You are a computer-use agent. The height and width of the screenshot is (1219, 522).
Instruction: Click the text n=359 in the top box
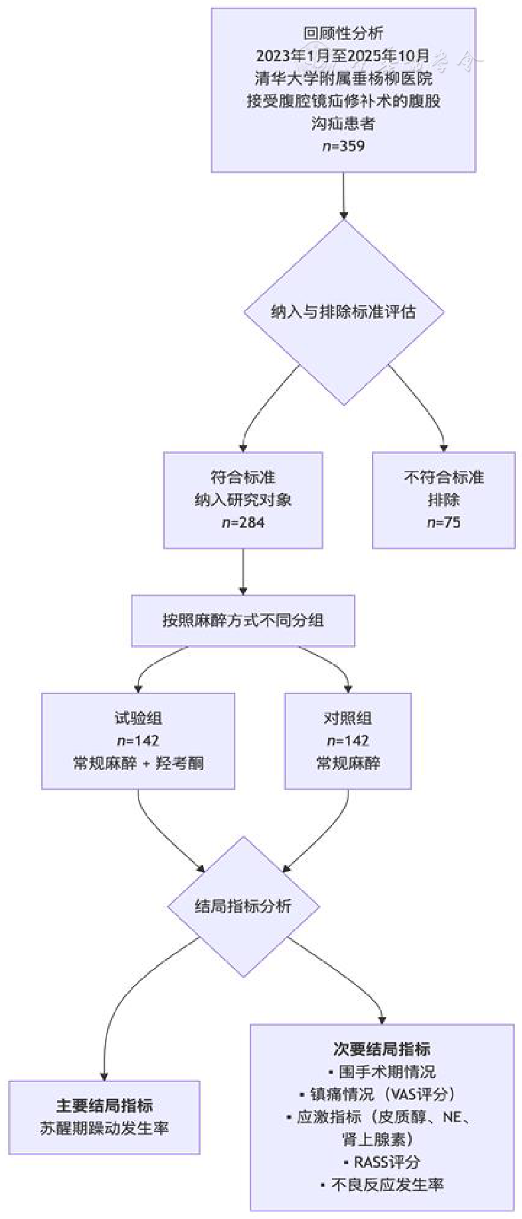tap(343, 146)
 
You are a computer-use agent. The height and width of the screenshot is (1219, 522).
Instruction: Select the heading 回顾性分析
tap(343, 33)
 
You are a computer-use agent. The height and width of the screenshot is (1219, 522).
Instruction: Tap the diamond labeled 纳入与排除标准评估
tap(343, 312)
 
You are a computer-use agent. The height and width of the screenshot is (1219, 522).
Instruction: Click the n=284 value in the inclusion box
tap(243, 523)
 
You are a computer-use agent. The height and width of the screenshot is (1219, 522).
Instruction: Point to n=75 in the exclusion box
tap(444, 523)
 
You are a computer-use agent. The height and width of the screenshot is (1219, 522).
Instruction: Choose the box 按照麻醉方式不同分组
tap(243, 620)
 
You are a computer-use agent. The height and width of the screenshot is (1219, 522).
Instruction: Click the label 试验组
tap(138, 718)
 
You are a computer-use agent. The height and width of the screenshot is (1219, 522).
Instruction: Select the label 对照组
tap(347, 718)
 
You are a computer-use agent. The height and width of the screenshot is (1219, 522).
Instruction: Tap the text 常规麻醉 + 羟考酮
tap(138, 763)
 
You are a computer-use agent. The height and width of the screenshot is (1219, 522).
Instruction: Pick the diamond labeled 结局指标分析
tap(243, 906)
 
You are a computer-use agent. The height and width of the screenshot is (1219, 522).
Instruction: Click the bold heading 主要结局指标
tap(104, 1105)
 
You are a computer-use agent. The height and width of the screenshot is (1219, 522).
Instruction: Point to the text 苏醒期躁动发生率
tap(104, 1128)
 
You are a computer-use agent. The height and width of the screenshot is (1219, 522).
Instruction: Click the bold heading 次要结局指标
tap(382, 1049)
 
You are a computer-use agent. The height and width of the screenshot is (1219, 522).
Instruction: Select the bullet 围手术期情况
tap(382, 1072)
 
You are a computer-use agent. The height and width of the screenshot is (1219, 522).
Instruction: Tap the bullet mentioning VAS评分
tap(382, 1094)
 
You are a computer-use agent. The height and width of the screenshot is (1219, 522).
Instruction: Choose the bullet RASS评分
tap(382, 1162)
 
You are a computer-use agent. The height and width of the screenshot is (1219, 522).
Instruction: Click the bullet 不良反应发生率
tap(382, 1184)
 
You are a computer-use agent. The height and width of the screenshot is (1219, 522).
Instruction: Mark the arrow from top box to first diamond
tap(343, 195)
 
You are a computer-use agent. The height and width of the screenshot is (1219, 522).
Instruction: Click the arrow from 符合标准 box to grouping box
tap(243, 571)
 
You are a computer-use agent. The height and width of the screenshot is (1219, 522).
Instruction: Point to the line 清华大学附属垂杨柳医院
tap(343, 78)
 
